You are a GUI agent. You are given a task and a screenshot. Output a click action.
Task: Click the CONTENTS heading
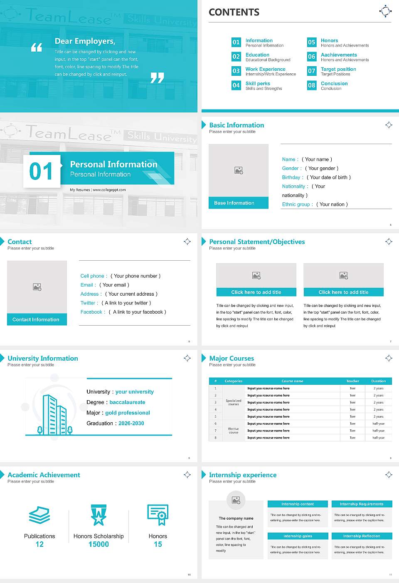tap(234, 12)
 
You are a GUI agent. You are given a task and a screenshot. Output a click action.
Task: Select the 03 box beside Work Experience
tap(236, 71)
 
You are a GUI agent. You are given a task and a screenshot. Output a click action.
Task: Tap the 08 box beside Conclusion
tap(312, 85)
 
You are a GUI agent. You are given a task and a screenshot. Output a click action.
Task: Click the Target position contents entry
tap(338, 69)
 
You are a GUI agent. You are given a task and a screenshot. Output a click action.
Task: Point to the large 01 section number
tap(42, 171)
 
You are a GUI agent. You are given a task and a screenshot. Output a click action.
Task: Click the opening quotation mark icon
tap(37, 47)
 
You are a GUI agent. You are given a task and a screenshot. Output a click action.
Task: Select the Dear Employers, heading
tap(85, 41)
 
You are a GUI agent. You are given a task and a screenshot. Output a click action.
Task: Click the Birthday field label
tap(291, 177)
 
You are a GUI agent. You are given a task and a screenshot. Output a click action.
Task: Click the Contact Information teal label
tap(37, 319)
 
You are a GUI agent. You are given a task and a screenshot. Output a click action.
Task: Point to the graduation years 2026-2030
tap(131, 424)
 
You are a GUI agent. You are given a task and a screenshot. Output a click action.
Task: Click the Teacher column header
tap(352, 381)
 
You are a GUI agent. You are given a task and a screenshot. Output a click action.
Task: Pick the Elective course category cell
tap(234, 431)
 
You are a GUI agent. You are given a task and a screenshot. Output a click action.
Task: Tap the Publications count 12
tap(39, 544)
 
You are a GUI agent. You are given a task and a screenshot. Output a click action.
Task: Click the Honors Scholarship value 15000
tap(99, 544)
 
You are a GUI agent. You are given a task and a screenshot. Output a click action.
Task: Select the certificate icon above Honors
tap(158, 515)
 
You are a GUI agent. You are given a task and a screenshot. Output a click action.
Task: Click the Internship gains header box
tap(298, 536)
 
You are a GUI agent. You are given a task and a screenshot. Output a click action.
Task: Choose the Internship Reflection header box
tap(362, 536)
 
